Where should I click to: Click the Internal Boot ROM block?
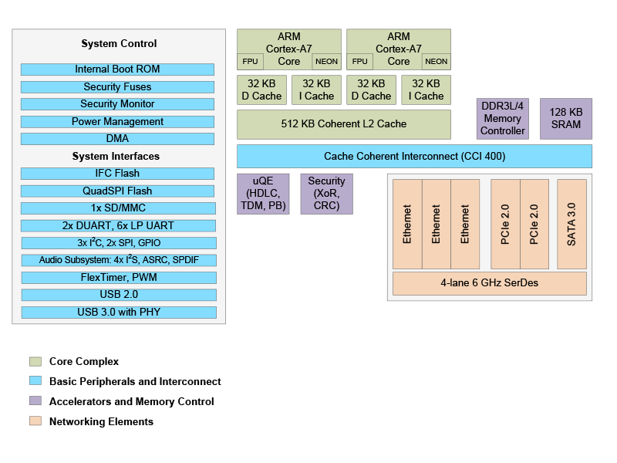point(118,69)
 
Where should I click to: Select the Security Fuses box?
point(118,87)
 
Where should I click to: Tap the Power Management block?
point(118,122)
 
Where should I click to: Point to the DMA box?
point(118,139)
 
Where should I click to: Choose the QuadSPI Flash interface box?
point(118,191)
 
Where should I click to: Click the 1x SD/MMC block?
point(118,208)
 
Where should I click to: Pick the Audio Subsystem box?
point(118,260)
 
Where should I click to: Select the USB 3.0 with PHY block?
point(118,312)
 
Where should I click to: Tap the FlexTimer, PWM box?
point(118,277)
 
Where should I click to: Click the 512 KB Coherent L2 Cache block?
point(343,123)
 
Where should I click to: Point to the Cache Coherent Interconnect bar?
point(414,156)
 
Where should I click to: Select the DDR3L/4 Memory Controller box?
point(503,119)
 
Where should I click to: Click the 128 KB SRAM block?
point(565,119)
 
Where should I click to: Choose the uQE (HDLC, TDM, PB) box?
point(263,194)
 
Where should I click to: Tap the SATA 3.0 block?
point(571,225)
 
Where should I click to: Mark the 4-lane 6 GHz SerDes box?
point(489,283)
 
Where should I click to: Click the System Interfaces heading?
point(116,157)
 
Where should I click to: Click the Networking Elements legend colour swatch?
point(35,421)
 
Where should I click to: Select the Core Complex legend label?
point(84,361)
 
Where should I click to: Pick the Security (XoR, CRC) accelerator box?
point(326,194)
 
